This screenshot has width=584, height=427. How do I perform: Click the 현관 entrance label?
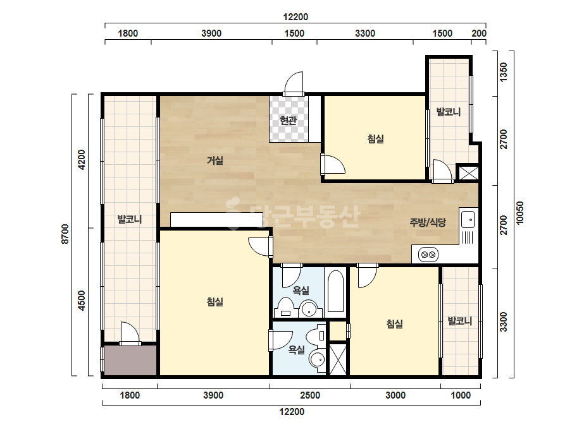point(288,121)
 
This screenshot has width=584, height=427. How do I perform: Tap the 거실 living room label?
point(215,160)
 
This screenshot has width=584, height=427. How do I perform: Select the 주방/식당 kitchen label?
point(428,222)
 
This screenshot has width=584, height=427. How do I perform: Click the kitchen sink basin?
point(468,219)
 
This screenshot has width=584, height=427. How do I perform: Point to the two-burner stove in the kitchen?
point(428,255)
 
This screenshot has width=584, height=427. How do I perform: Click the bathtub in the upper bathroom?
point(335,292)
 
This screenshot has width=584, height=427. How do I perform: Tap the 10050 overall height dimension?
point(520,213)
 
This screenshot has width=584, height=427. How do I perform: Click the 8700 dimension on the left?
point(66,234)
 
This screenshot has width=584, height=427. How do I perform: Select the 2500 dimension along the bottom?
point(310,395)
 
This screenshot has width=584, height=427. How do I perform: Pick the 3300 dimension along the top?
point(365,33)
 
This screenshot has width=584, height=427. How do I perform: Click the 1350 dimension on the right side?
point(503,72)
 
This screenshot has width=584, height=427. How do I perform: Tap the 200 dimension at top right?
point(479,33)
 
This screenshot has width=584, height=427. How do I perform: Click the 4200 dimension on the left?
point(82,160)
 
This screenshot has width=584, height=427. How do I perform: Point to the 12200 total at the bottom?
point(292,412)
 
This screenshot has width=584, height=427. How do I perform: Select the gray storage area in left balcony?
point(130,361)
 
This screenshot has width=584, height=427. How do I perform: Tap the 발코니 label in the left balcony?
point(130,219)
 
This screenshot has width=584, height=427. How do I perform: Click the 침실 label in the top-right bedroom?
point(375,139)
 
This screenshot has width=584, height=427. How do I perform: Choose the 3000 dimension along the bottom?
point(395,395)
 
